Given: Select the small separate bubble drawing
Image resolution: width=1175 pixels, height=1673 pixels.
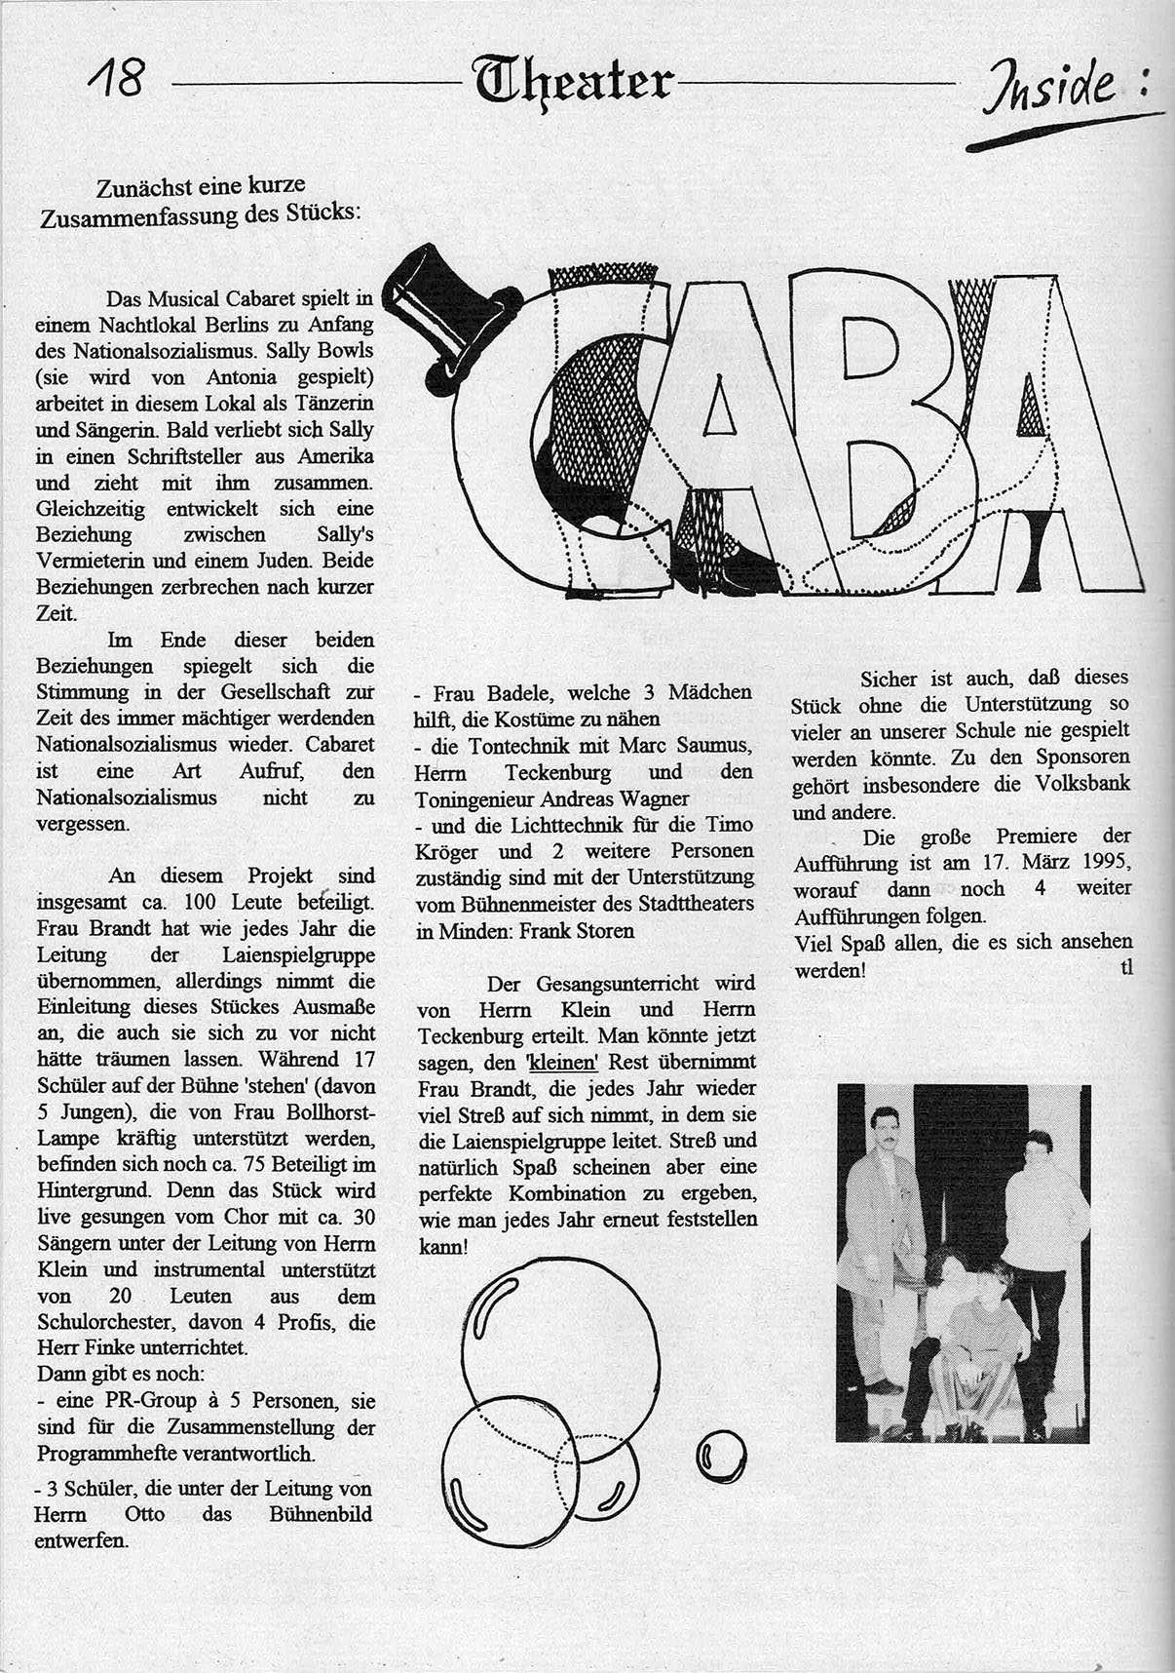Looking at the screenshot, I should (722, 1456).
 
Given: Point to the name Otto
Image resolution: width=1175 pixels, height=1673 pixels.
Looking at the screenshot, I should (142, 1515).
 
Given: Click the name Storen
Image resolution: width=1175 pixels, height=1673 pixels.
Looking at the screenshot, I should (603, 930).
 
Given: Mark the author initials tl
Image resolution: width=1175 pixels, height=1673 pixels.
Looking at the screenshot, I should (1126, 970).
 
